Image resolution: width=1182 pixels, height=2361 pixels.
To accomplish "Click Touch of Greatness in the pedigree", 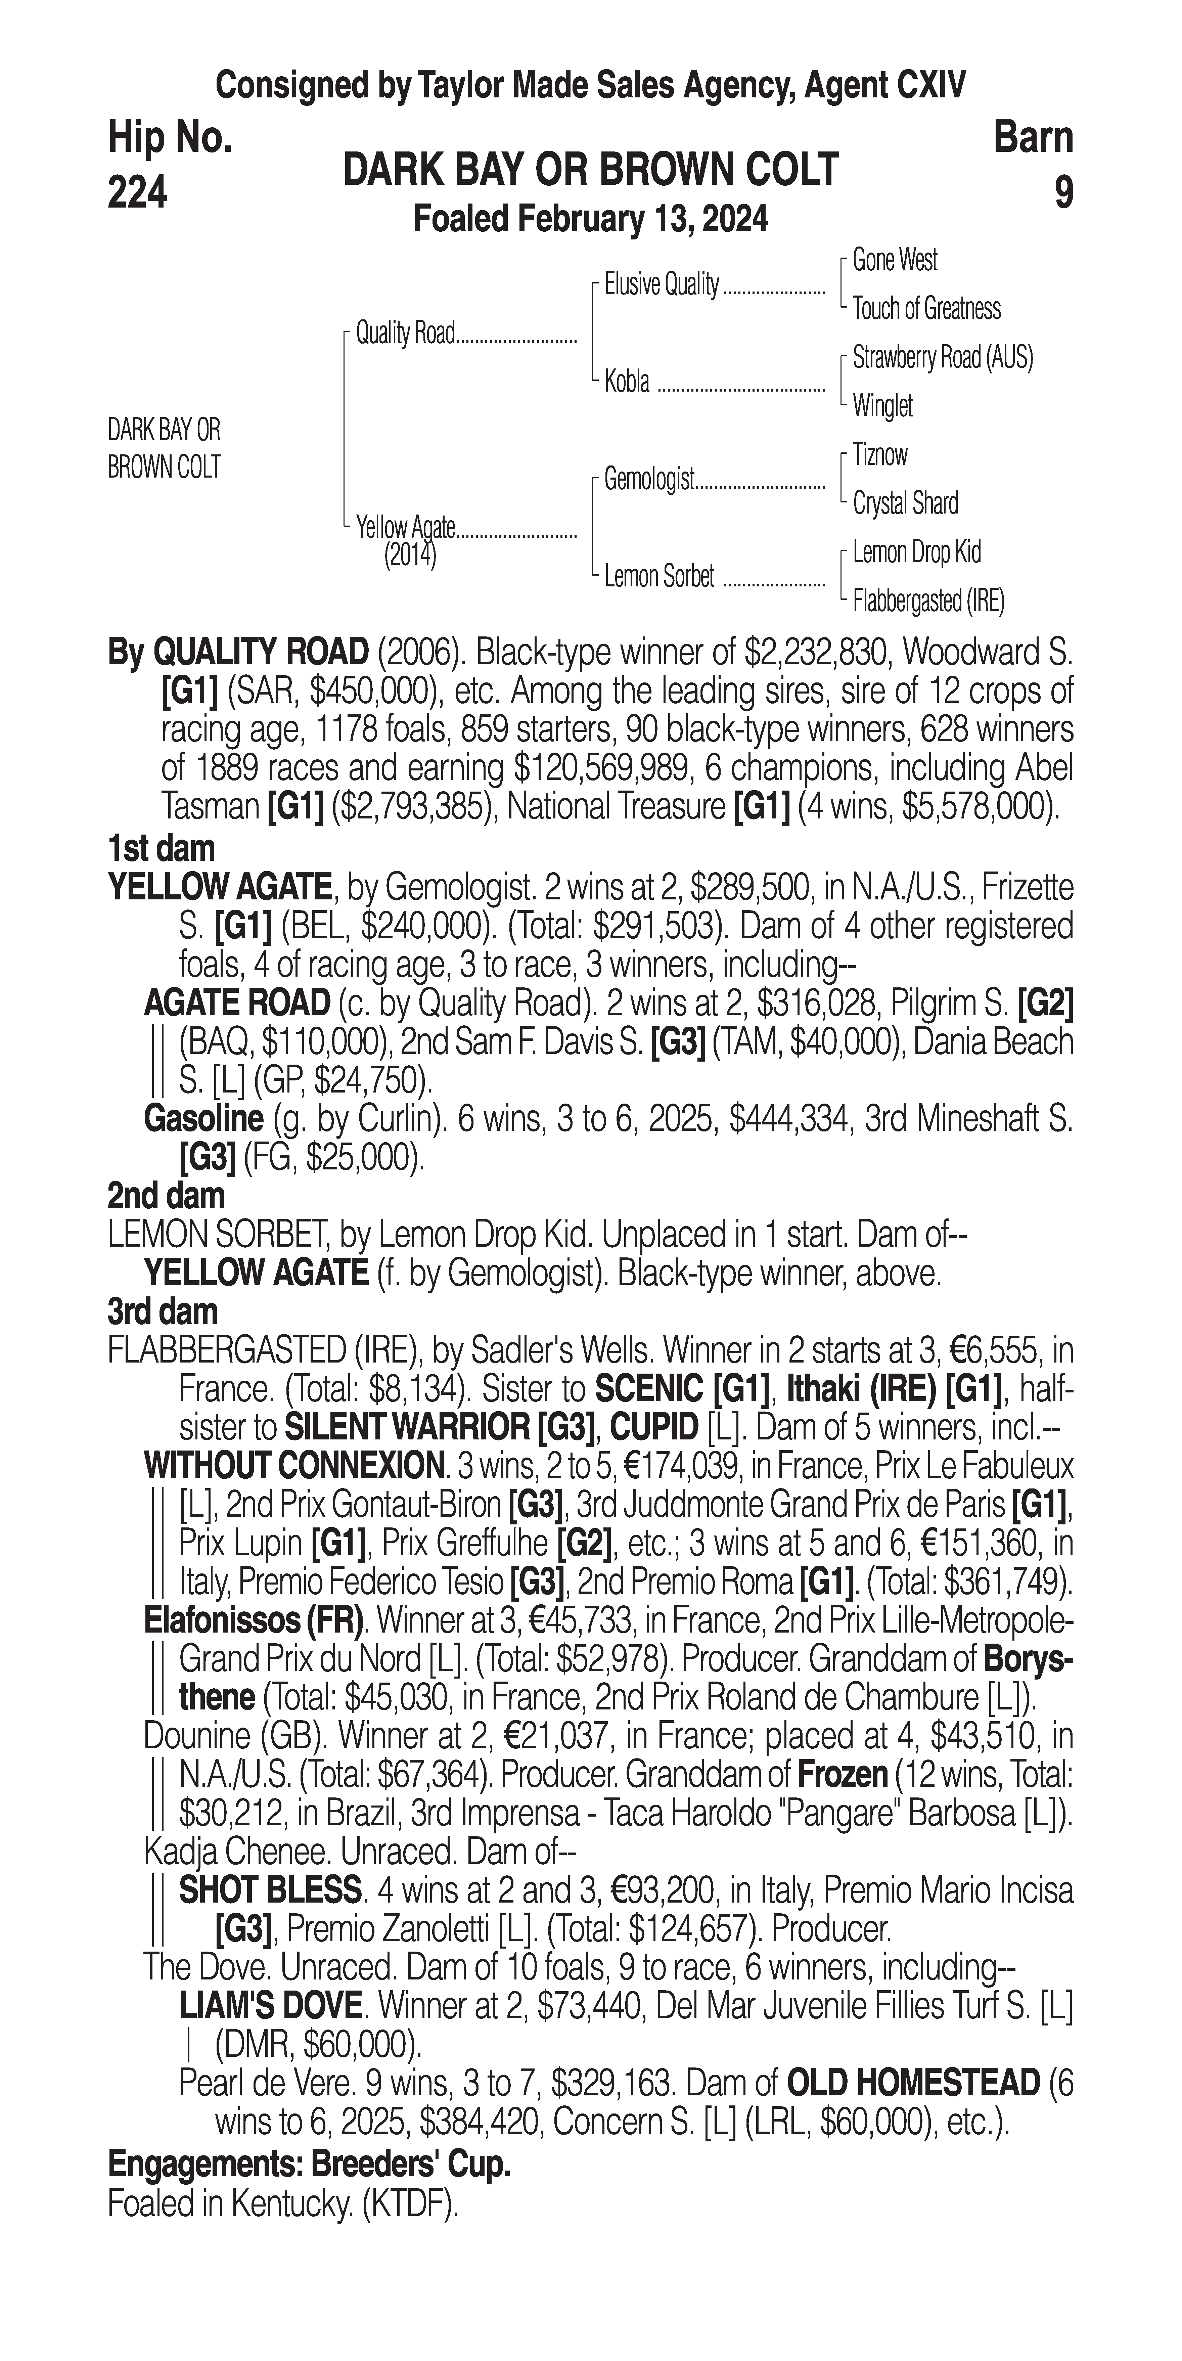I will [926, 309].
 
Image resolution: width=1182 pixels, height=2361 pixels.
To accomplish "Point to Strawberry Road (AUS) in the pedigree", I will [942, 357].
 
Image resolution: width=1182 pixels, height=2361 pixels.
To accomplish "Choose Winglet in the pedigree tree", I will [882, 405].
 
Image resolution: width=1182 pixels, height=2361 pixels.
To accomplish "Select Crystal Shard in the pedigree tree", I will [905, 503].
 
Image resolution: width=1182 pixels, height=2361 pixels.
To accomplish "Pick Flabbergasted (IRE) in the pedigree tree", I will [928, 601].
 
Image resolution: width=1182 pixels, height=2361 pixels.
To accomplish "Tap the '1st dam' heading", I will [161, 849].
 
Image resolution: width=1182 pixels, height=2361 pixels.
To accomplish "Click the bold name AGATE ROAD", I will [236, 1004].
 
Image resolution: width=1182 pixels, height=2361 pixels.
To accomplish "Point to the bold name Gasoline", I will [203, 1119].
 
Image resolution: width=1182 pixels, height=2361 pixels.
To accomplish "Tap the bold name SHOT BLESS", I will [270, 1890].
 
